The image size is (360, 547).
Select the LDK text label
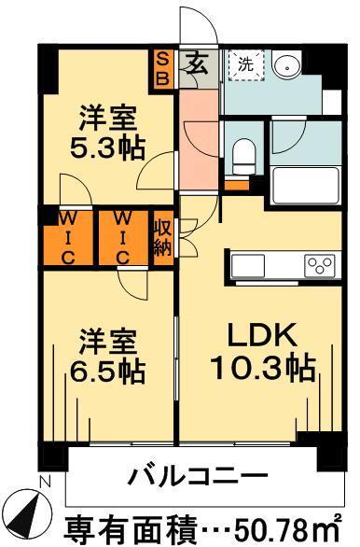(261, 335)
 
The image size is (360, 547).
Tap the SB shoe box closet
(162, 68)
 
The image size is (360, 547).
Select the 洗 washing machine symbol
(245, 65)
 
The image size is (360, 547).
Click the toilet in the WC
(244, 152)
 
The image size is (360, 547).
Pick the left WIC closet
(69, 238)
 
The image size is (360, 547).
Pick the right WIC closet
(123, 238)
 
